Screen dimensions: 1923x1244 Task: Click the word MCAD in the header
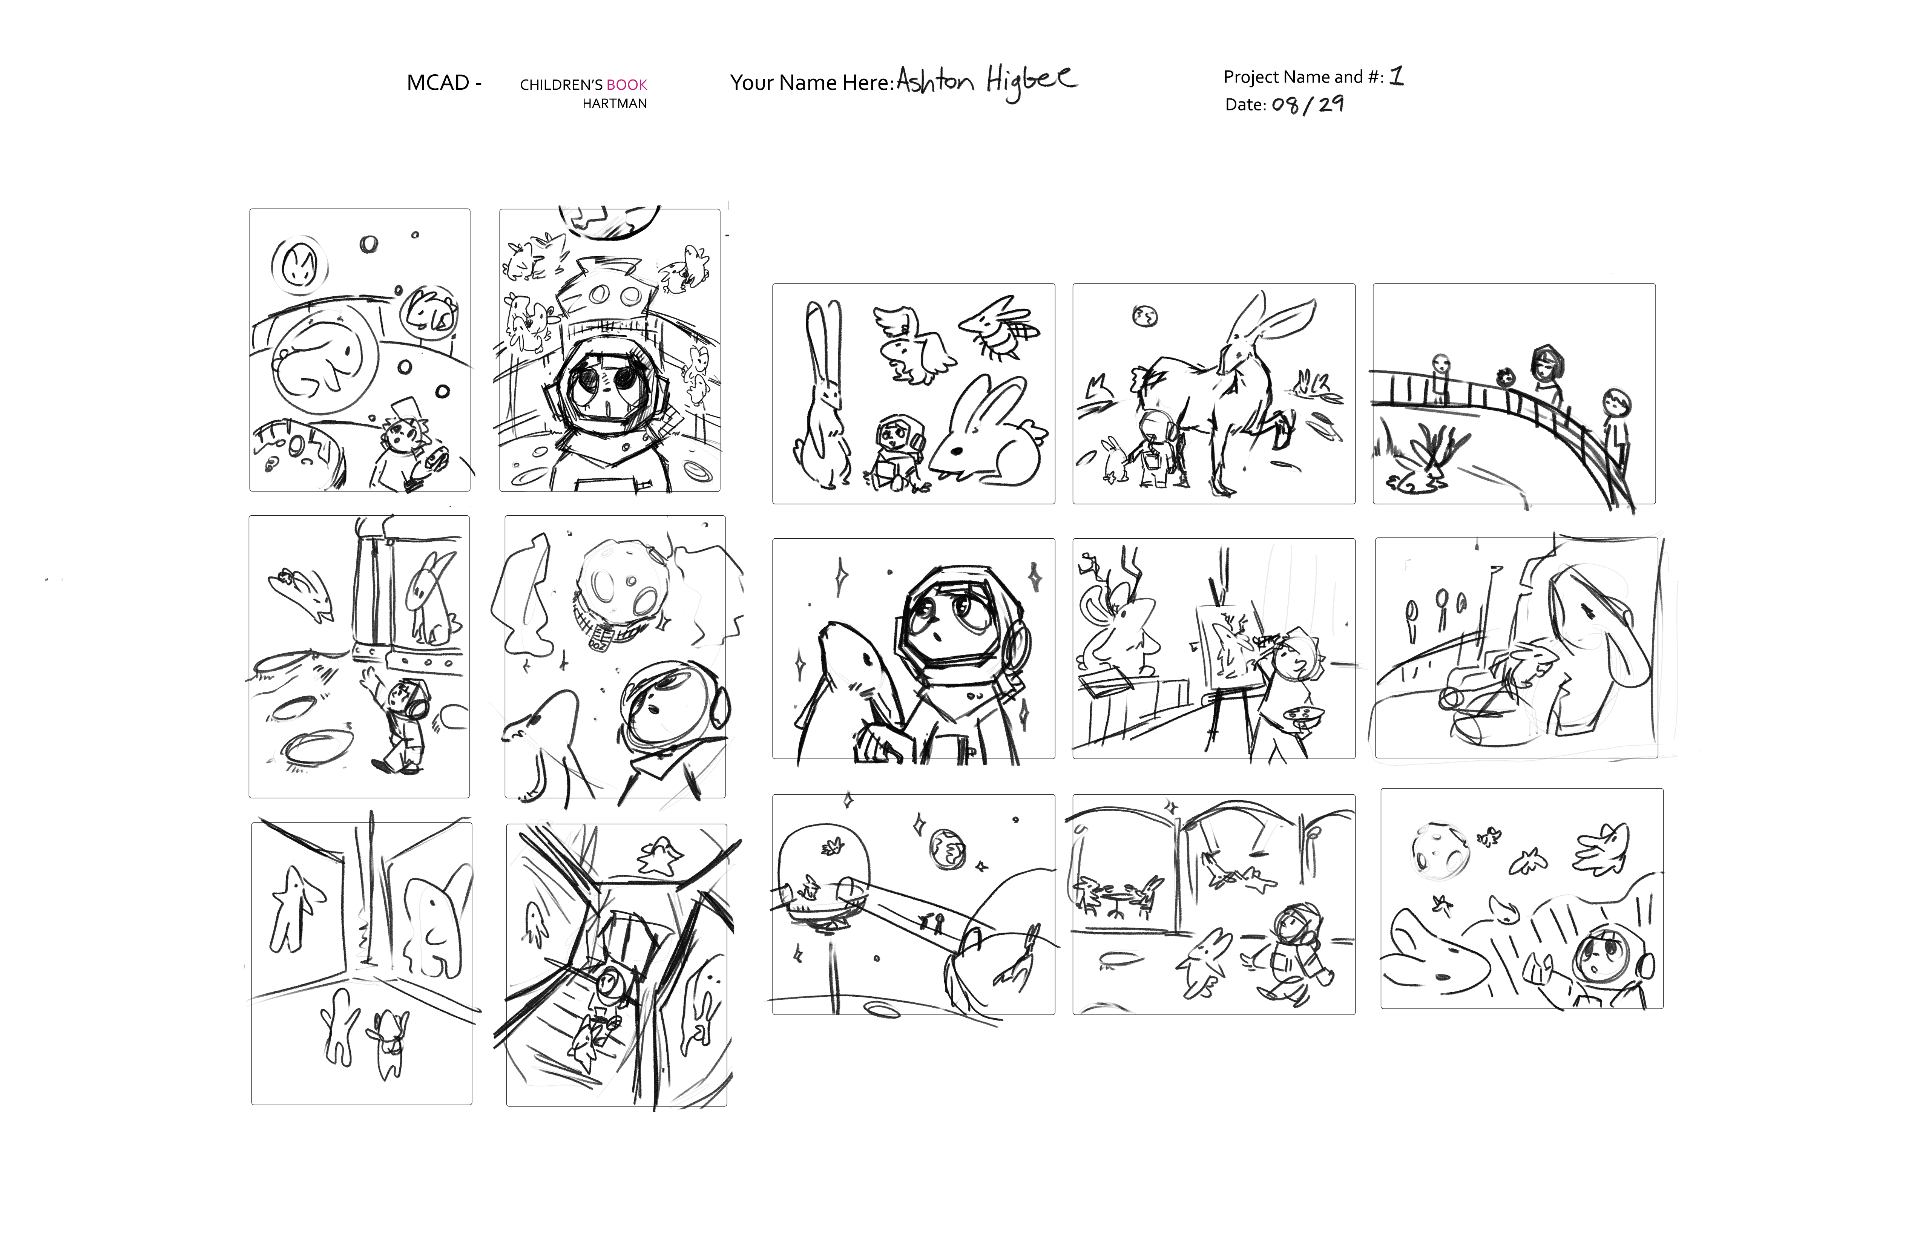[x=438, y=83]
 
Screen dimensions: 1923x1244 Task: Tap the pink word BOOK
[x=627, y=85]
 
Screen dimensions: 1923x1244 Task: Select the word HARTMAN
[x=615, y=103]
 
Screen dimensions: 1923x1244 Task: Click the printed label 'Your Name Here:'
[x=812, y=83]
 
